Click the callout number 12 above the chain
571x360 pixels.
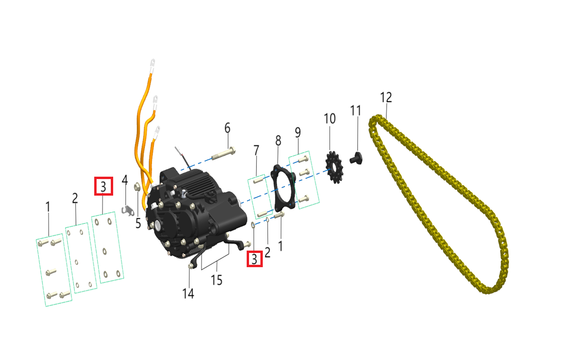click(386, 98)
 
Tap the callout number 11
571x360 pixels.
click(356, 111)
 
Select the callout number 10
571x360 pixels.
click(330, 118)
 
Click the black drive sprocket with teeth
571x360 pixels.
click(334, 167)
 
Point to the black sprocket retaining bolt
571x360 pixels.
click(357, 158)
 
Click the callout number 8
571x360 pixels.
click(278, 141)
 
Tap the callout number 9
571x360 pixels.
click(298, 133)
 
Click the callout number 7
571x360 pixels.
click(256, 151)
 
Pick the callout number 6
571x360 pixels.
click(227, 128)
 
